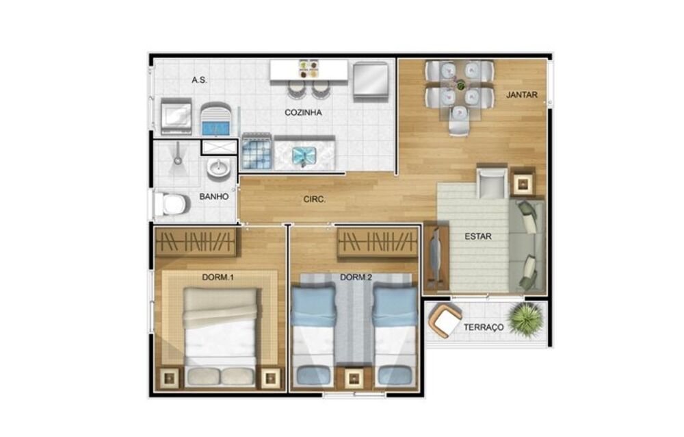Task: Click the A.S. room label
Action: [199, 80]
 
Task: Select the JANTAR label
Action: [521, 95]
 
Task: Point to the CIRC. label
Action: [314, 200]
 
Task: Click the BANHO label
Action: [213, 197]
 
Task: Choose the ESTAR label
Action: [477, 237]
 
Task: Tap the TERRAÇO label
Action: [484, 327]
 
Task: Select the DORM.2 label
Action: [356, 277]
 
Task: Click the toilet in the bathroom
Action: [171, 203]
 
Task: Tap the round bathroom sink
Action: [219, 168]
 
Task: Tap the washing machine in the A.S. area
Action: [176, 116]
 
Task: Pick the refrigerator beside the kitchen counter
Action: [371, 81]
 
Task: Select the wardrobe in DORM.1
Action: [196, 242]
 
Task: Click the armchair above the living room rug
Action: [490, 182]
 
